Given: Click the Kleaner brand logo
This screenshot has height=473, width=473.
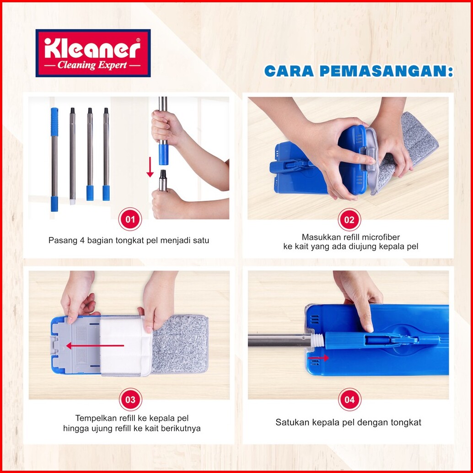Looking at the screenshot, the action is (x=93, y=53).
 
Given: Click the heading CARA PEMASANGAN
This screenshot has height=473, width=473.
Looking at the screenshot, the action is (x=359, y=71).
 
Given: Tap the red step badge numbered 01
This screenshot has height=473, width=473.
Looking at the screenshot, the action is (x=130, y=219).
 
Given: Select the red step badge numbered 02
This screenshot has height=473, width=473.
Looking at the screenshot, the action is (x=349, y=219).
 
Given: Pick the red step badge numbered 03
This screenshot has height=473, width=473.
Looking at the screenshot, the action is (x=130, y=399).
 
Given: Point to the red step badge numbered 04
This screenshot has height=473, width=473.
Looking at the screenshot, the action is (x=349, y=399).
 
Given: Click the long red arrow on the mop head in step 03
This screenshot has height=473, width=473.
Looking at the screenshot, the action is (x=95, y=346).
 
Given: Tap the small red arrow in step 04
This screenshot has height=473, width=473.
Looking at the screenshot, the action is (x=318, y=358).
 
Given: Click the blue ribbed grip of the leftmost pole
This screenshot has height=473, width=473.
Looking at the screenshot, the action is (x=54, y=122).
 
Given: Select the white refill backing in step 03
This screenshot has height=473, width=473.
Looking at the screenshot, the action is (x=125, y=346).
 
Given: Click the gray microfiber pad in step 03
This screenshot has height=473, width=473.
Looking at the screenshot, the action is (x=180, y=344).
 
